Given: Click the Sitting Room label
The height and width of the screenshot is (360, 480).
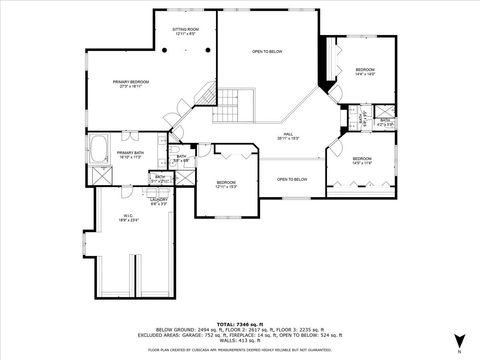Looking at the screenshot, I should pos(185,32).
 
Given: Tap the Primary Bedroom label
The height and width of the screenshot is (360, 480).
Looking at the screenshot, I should pos(130,83).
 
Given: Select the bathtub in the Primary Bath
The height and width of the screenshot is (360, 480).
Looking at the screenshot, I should pos(101,150).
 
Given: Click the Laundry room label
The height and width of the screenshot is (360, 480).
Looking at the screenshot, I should pos(159,201).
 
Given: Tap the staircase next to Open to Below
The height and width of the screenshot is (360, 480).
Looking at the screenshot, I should pos(230,101).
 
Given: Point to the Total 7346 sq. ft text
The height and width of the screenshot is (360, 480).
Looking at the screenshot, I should pos(239,316).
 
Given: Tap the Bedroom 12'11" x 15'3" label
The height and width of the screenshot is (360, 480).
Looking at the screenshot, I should pos(227,184).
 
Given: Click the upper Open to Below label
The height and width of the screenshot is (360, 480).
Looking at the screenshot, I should pos(267,51).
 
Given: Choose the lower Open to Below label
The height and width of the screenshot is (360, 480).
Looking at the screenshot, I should pos(291,179).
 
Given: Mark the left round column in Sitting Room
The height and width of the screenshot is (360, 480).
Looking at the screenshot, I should pos(166,48).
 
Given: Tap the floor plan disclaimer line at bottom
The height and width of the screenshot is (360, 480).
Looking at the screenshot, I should pos(239,350).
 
